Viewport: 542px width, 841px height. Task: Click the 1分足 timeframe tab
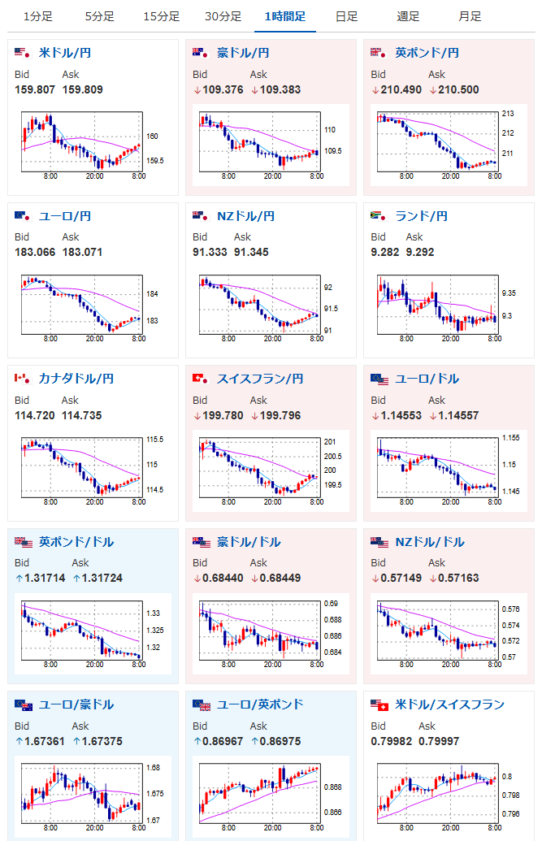coord(37,16)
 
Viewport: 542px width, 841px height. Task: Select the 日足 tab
coord(346,16)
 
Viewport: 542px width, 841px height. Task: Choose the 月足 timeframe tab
coord(470,16)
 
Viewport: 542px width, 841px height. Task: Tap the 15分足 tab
coord(161,16)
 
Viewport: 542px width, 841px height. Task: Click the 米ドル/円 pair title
coord(64,53)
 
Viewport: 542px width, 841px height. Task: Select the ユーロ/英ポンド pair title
coord(260,704)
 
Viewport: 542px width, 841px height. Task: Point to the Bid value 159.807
coord(35,89)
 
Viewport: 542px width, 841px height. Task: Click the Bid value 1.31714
coord(40,578)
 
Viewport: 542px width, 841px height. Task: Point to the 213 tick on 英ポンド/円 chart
coord(508,113)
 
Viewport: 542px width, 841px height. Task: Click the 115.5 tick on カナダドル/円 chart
coord(154,440)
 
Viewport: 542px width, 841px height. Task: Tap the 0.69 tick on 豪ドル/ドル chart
coord(331,604)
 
